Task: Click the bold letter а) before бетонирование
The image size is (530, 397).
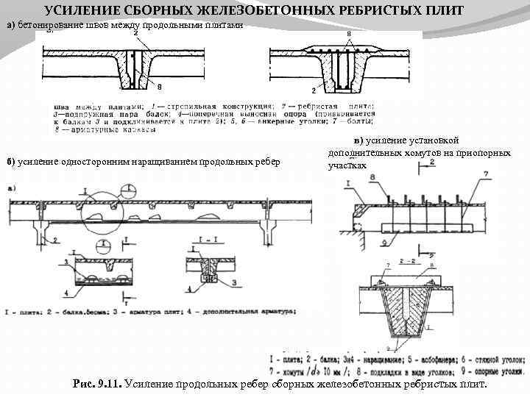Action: point(10,25)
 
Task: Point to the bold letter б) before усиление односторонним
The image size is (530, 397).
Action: point(10,161)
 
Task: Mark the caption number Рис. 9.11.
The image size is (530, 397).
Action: point(99,384)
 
